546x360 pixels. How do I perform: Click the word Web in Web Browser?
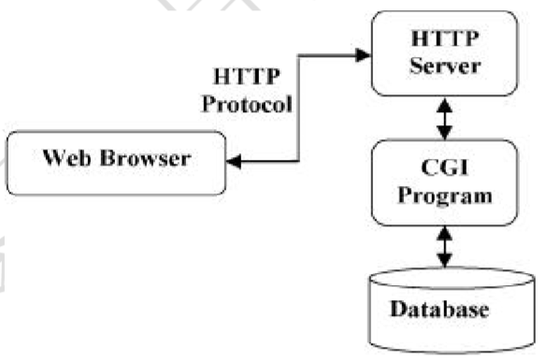[66, 158]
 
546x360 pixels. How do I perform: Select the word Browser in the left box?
[145, 158]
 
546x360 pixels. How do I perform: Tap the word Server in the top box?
[445, 65]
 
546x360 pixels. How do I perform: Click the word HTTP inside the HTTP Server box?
[445, 38]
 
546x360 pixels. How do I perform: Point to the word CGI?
[444, 167]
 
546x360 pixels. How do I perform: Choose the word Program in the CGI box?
[445, 195]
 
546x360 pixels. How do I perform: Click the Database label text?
[439, 309]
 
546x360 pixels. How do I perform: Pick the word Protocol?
[247, 104]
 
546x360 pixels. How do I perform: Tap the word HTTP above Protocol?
[247, 77]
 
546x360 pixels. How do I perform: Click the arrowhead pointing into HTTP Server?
[363, 55]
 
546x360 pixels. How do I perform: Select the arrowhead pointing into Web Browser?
[234, 161]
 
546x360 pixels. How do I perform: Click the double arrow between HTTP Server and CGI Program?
[445, 119]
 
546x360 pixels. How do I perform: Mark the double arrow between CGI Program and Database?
[445, 247]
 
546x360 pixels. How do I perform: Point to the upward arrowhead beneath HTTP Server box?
[445, 105]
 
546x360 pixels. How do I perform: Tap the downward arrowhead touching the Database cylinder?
[445, 261]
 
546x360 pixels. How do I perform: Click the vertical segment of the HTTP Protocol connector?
[299, 108]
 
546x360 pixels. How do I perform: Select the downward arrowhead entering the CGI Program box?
[445, 133]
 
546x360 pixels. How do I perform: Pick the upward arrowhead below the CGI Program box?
[445, 233]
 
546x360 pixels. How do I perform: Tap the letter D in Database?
[398, 309]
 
